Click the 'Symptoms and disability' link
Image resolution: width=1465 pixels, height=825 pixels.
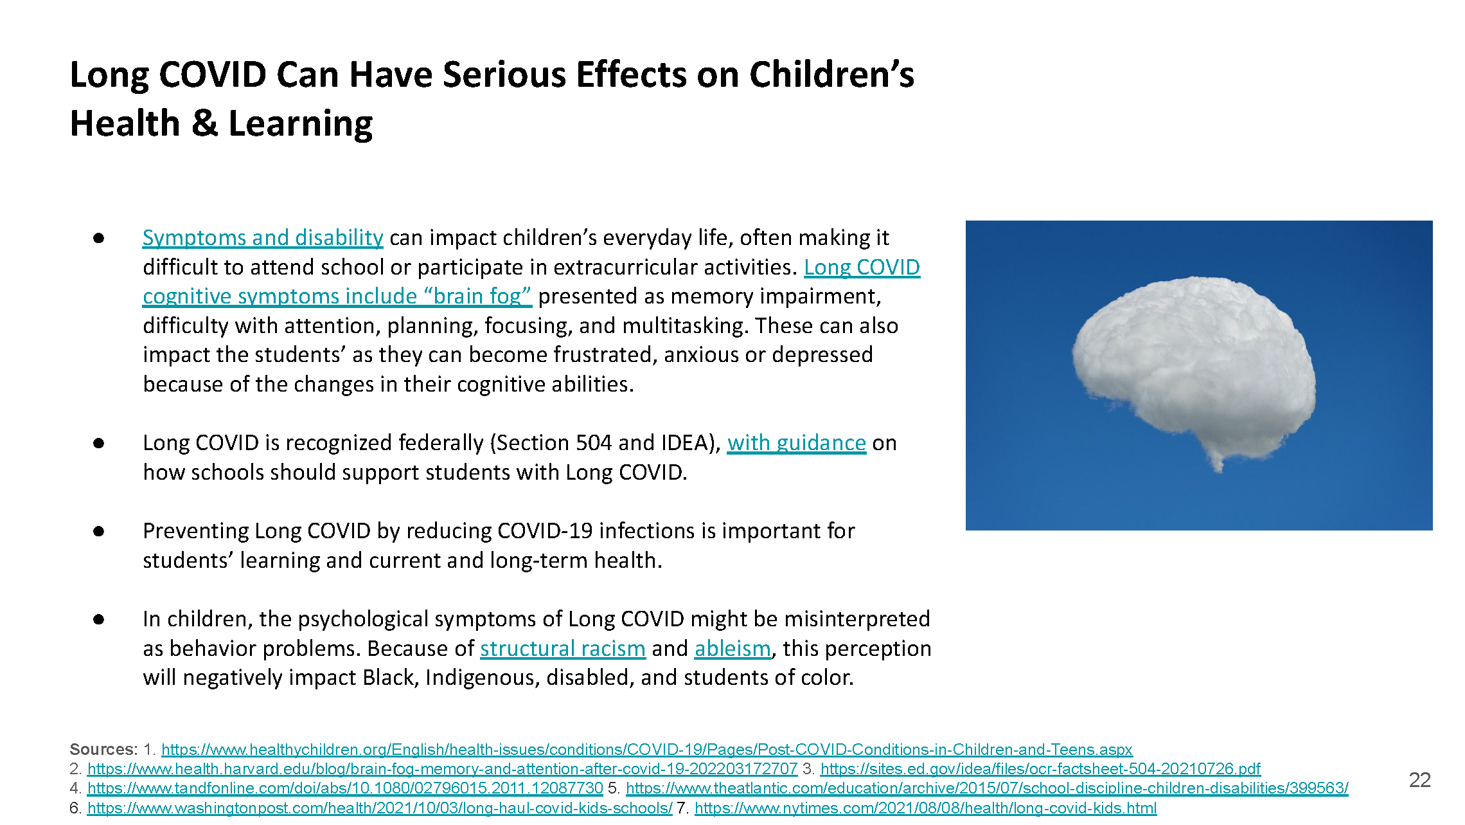click(262, 238)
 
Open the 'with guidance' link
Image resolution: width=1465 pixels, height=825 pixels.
click(796, 443)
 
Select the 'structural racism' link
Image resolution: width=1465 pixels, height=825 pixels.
click(562, 649)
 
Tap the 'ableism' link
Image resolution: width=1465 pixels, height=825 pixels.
click(733, 649)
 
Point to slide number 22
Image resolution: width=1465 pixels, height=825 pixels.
click(1419, 780)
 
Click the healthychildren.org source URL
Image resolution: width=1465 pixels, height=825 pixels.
click(646, 750)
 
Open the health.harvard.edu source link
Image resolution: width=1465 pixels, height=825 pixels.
click(442, 769)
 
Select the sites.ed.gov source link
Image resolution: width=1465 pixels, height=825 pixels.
click(1040, 769)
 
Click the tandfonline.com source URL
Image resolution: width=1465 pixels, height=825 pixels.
click(345, 788)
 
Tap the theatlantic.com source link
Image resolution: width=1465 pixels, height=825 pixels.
click(987, 788)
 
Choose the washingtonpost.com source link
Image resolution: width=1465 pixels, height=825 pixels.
click(380, 808)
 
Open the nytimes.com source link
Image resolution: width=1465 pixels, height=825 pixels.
click(925, 808)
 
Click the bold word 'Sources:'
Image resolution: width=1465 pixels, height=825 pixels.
click(103, 750)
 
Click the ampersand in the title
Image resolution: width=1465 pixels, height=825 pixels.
click(204, 123)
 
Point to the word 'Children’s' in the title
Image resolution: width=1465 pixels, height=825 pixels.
click(831, 75)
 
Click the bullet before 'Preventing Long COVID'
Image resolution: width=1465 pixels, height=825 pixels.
click(98, 531)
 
